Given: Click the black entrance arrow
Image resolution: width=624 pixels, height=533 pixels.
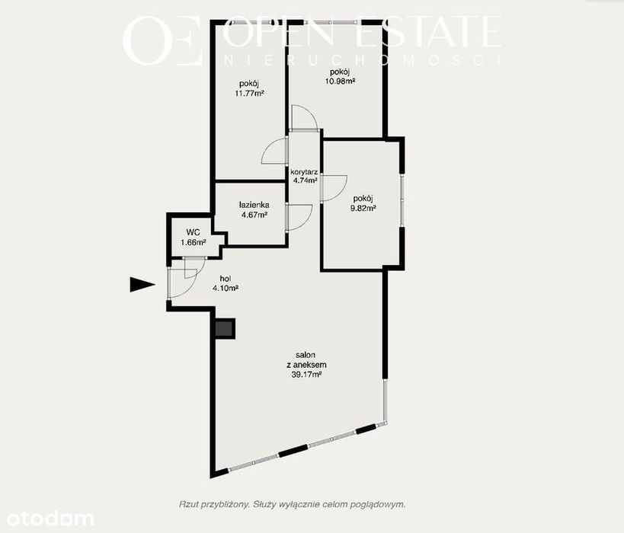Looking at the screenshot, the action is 142,285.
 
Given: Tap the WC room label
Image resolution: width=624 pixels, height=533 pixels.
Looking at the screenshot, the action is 193,232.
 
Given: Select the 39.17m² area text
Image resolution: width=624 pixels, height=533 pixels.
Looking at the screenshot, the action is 306,375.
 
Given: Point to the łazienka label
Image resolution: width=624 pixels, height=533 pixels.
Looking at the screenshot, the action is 254,206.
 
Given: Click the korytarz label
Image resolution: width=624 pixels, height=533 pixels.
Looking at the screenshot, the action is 304,172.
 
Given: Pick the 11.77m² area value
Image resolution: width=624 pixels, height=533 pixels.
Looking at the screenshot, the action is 249,94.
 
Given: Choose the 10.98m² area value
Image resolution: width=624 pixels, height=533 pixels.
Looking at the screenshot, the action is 340,81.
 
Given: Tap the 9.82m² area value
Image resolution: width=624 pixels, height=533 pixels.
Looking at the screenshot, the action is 363,208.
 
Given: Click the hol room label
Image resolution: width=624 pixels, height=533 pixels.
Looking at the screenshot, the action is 226,279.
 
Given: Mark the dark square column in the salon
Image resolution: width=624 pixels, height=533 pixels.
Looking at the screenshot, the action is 225,328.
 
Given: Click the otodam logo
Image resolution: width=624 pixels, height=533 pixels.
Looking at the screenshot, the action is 50,519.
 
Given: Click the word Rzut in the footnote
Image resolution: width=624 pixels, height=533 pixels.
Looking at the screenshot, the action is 187,504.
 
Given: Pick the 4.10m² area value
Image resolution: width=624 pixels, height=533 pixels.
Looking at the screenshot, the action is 226,289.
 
